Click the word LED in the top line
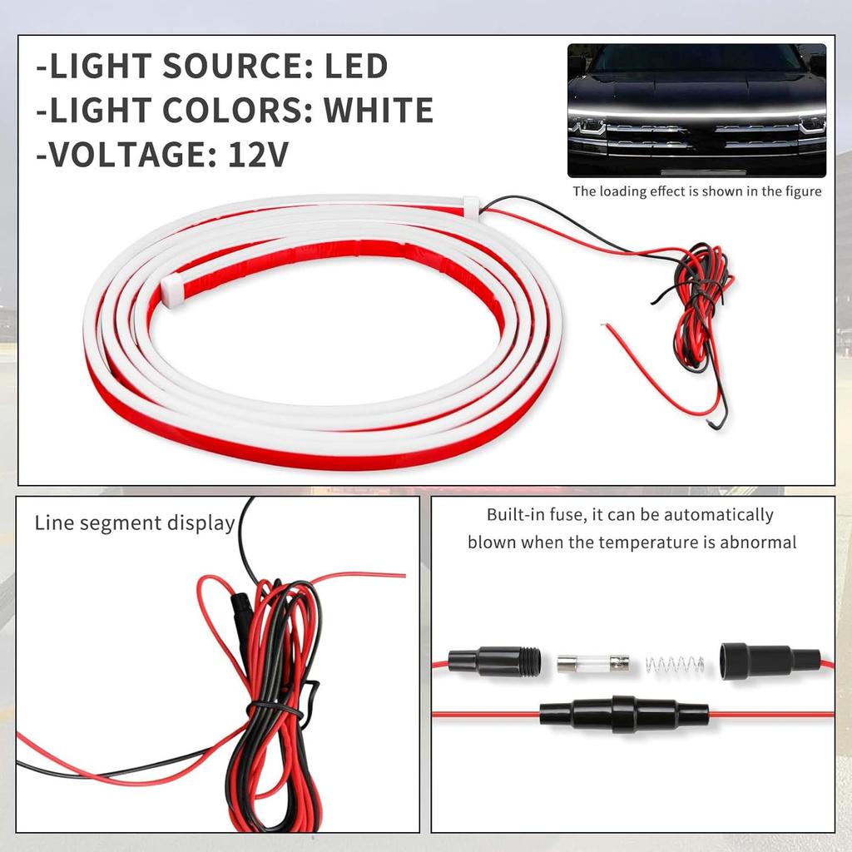click(355, 67)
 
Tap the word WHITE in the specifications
click(378, 110)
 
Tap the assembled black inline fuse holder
click(623, 713)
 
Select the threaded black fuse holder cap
click(493, 661)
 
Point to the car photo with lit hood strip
click(696, 110)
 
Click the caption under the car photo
click(696, 191)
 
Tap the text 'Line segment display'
click(135, 523)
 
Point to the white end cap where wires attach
click(471, 205)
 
